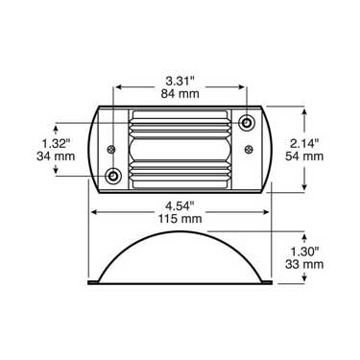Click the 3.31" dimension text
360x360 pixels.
pyautogui.click(x=180, y=82)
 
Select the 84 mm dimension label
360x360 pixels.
pyautogui.click(x=180, y=94)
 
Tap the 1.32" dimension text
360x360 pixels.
pyautogui.click(x=56, y=144)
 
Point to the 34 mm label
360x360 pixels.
pyautogui.click(x=56, y=156)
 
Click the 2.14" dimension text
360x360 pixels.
pyautogui.click(x=304, y=144)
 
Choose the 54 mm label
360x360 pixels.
pyautogui.click(x=304, y=156)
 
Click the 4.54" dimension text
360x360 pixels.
pyautogui.click(x=180, y=206)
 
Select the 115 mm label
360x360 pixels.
pyautogui.click(x=180, y=219)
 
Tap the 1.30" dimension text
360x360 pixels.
pyautogui.click(x=304, y=252)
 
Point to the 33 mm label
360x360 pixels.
pyautogui.click(x=304, y=265)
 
